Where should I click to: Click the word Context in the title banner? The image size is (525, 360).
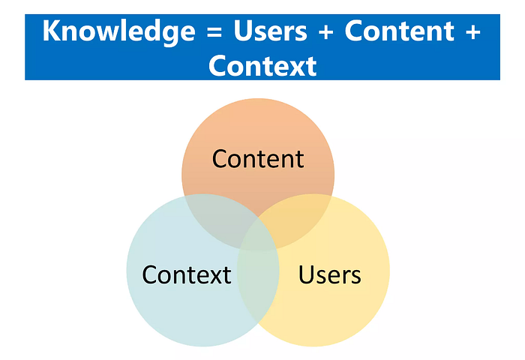pyautogui.click(x=262, y=66)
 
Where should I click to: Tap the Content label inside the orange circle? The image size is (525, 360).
pyautogui.click(x=257, y=159)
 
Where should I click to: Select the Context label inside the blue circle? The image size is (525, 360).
pyautogui.click(x=187, y=274)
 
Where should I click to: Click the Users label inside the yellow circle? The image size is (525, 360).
pyautogui.click(x=329, y=274)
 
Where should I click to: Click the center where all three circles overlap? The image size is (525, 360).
pyautogui.click(x=259, y=229)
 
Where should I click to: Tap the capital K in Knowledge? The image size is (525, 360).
pyautogui.click(x=52, y=32)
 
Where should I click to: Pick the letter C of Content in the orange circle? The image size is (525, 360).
pyautogui.click(x=220, y=159)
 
